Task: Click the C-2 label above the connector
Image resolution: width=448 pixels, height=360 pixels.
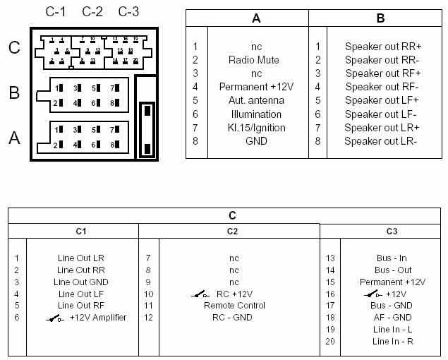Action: tap(92, 12)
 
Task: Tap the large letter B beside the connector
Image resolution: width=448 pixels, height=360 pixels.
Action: tap(14, 92)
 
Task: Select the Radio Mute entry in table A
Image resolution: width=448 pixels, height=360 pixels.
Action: tap(254, 60)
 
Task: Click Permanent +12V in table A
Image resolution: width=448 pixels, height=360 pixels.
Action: tap(254, 87)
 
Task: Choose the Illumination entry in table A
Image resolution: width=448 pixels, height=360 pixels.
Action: tap(254, 114)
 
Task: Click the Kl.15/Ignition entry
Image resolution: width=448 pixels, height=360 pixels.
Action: tap(254, 128)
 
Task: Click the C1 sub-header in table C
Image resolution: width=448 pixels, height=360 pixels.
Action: tap(80, 231)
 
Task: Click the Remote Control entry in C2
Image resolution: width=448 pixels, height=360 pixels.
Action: tap(234, 306)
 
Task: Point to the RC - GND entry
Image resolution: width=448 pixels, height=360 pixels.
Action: tap(233, 318)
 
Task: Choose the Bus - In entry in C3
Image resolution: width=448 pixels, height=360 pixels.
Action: tap(392, 258)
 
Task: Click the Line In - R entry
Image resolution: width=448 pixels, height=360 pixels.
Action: tap(392, 342)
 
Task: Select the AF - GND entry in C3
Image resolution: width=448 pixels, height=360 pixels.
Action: tap(392, 318)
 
